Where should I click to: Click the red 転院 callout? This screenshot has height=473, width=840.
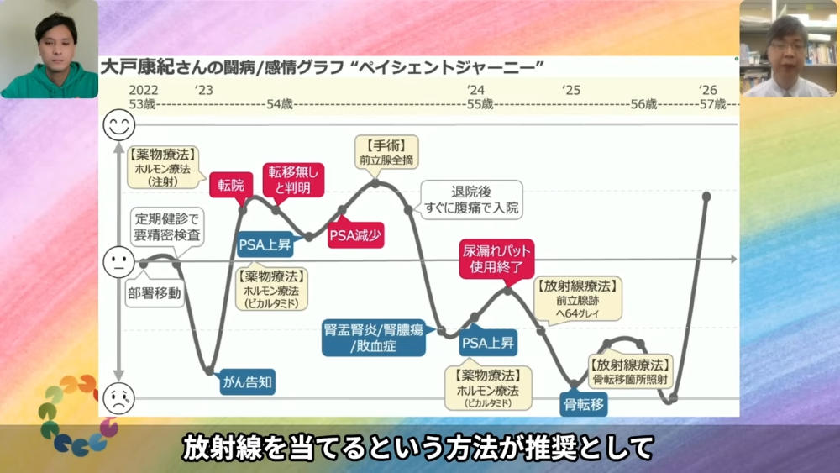pos(231,186)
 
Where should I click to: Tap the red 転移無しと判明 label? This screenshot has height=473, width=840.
pos(293,180)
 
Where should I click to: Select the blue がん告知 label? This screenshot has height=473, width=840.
pos(247,382)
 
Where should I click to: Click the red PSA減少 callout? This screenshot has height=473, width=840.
pos(355,234)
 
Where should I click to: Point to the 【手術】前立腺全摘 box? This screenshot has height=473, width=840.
pos(386,152)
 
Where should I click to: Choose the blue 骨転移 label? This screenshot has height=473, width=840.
pos(584,404)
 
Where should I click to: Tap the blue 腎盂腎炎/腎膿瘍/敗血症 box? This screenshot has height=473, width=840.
pos(374,338)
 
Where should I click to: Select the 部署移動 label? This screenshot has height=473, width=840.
pos(155,293)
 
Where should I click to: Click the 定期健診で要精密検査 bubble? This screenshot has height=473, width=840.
pos(167,227)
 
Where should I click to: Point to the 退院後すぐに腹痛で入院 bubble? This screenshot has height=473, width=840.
pos(471,200)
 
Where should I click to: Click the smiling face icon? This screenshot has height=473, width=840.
pos(119,125)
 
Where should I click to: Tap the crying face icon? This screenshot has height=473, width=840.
pos(119,398)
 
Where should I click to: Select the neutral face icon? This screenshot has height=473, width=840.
pos(119,262)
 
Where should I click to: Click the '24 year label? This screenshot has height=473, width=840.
pos(475,90)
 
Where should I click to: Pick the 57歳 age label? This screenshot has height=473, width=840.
pos(713,104)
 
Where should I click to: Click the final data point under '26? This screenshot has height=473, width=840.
pos(706,197)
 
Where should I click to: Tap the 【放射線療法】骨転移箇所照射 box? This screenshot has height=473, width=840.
pos(630,371)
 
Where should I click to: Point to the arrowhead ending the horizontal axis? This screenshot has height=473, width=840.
pos(734,260)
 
